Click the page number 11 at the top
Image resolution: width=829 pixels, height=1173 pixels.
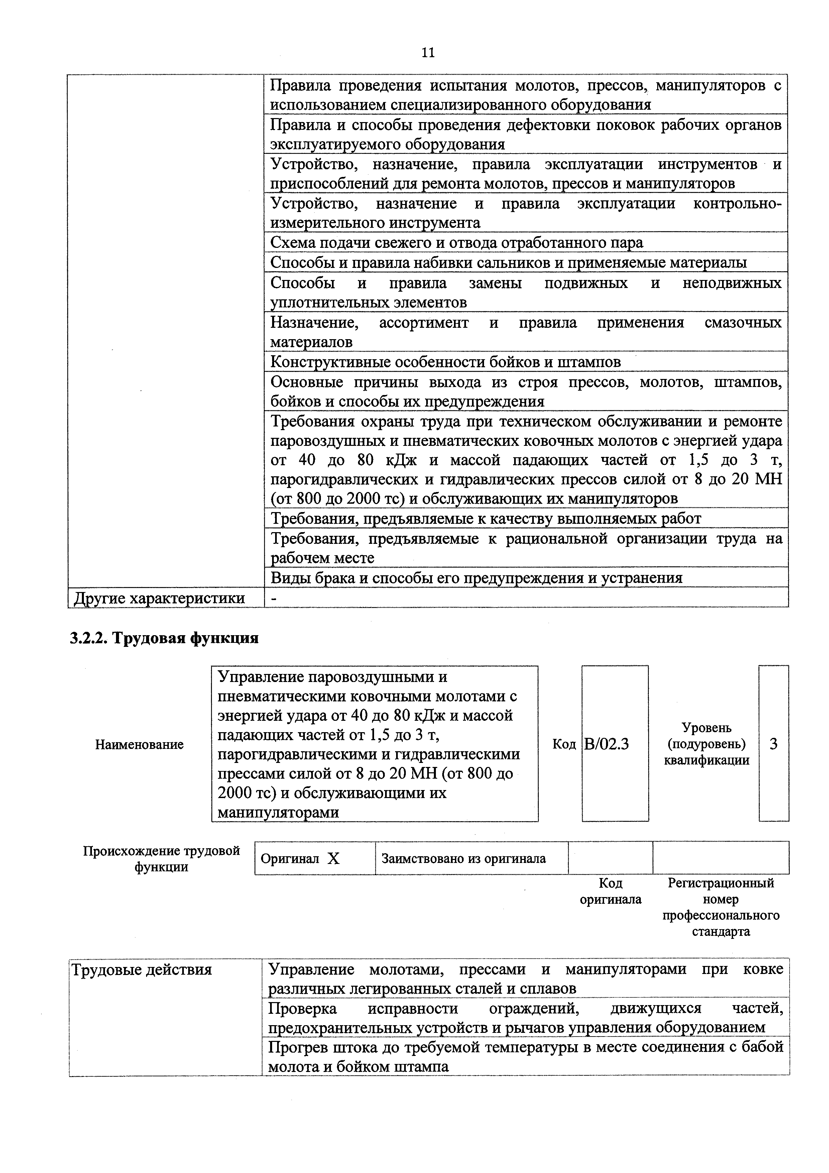click(428, 52)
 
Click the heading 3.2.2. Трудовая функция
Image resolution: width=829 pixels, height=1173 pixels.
click(164, 638)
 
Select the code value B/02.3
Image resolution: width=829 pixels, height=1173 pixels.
click(606, 744)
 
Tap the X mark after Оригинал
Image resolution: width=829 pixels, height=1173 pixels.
click(333, 859)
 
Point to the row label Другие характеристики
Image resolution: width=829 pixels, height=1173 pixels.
click(159, 598)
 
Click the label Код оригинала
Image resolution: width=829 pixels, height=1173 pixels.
click(610, 891)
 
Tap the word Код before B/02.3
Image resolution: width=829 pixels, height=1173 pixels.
click(564, 744)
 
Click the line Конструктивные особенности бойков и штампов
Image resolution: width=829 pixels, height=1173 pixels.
click(445, 362)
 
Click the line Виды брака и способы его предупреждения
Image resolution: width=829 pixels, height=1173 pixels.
click(476, 578)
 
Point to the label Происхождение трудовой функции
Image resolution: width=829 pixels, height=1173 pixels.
click(161, 859)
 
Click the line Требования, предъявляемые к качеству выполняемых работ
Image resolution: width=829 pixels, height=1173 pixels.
click(485, 518)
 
